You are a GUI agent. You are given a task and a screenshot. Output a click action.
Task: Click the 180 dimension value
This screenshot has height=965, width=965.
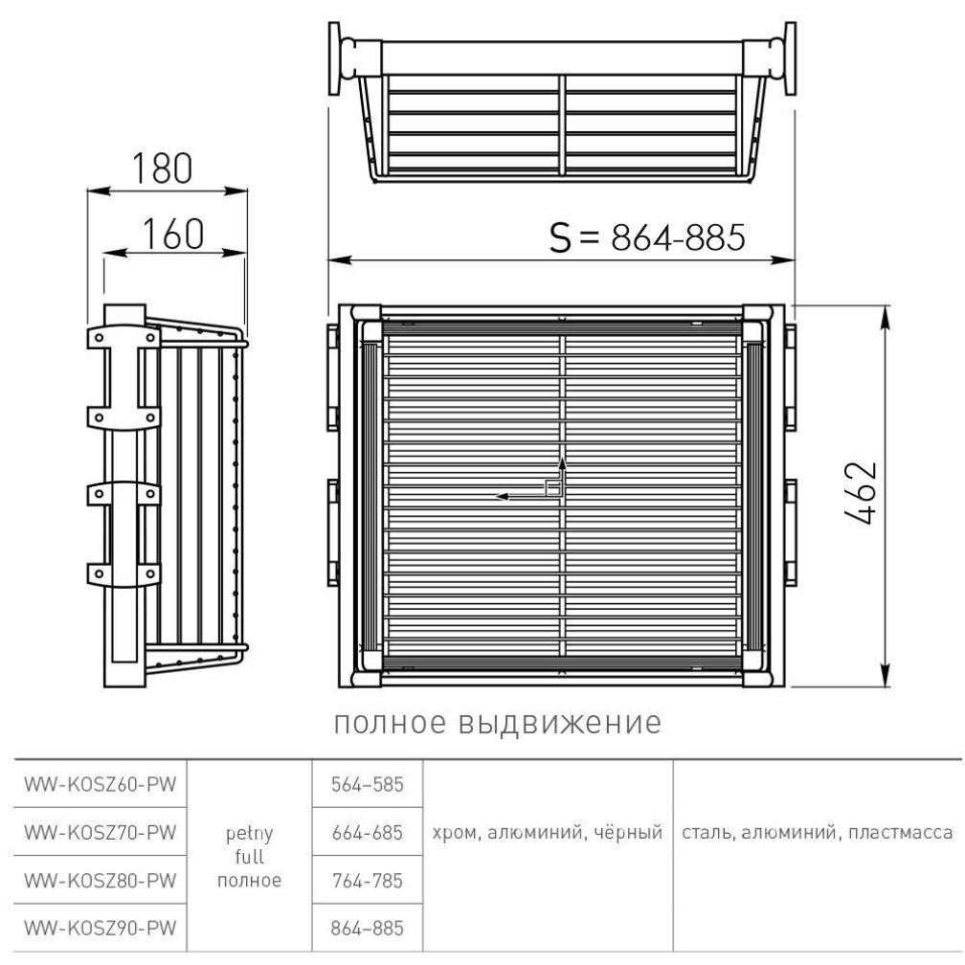click(162, 168)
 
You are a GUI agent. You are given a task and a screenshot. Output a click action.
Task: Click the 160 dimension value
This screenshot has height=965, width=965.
click(173, 234)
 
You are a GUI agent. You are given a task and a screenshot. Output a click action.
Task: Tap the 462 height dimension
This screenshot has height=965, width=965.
click(860, 493)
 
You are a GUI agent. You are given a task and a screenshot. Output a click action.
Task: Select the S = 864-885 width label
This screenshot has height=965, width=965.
click(647, 237)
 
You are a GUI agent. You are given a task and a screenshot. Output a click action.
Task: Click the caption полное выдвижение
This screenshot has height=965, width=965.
click(497, 723)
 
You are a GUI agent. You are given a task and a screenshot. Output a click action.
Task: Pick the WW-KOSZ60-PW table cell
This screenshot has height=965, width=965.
click(101, 784)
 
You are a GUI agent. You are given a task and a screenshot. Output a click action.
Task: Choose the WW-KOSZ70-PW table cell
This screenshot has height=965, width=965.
click(101, 832)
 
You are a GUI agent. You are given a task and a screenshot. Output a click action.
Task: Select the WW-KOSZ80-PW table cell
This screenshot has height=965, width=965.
click(101, 880)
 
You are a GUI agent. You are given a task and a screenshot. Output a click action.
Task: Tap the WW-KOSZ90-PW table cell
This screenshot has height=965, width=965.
click(101, 928)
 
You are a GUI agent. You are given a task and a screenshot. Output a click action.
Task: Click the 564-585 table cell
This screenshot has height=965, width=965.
click(368, 784)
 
